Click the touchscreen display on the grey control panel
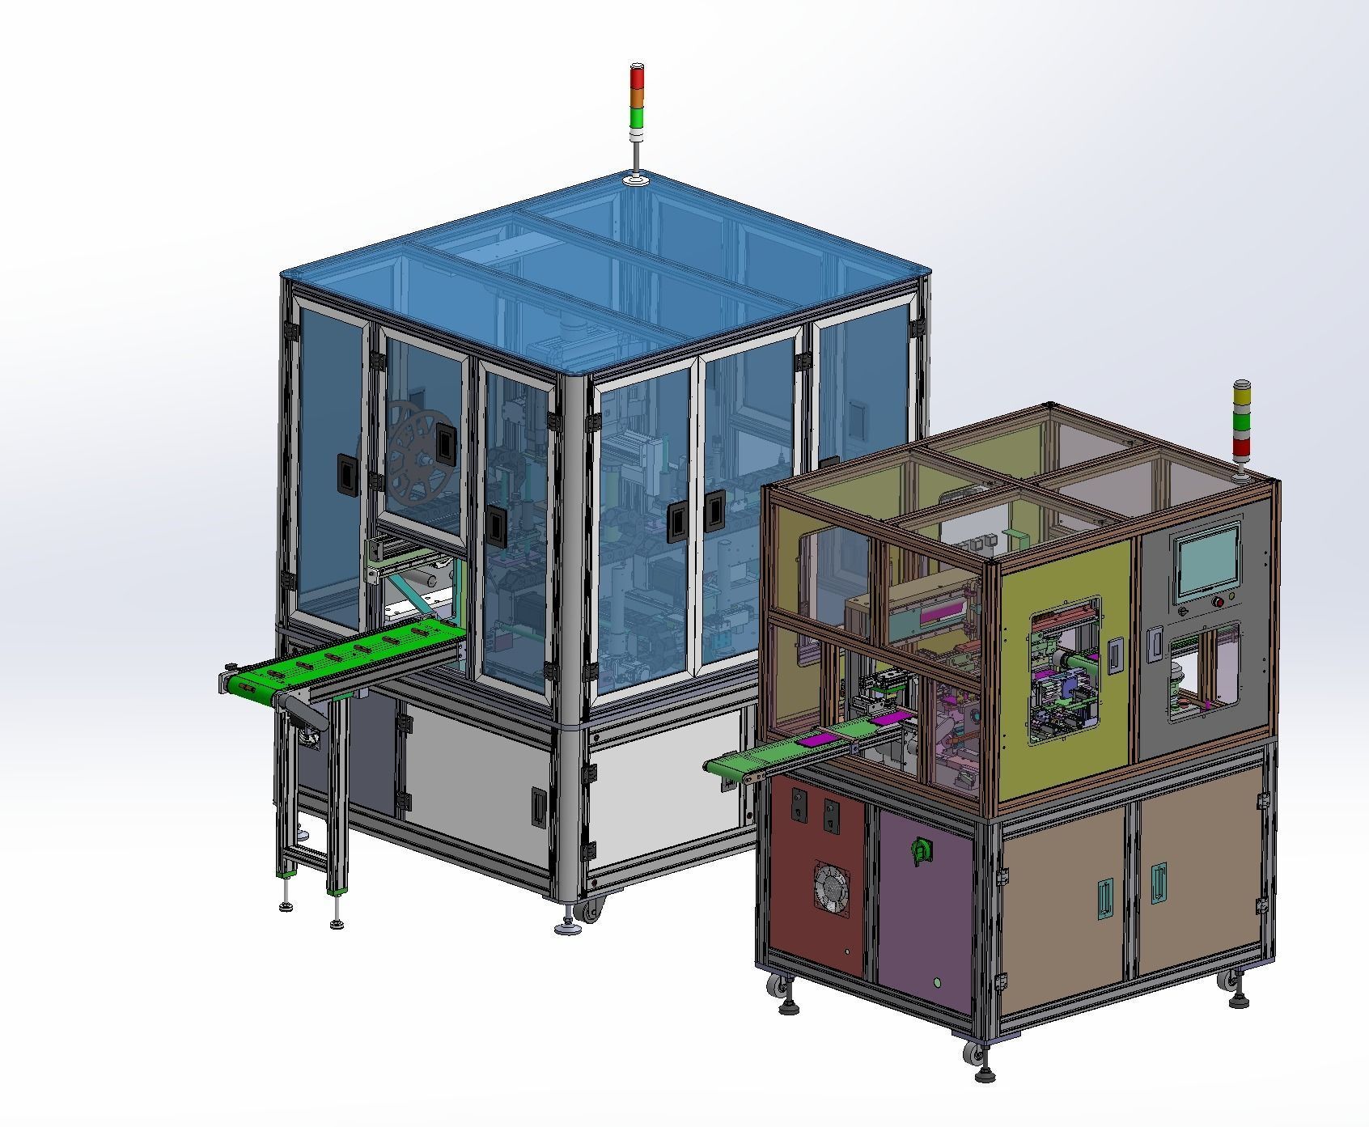pyautogui.click(x=1207, y=558)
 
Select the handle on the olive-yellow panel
pyautogui.click(x=1115, y=653)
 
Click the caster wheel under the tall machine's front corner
pyautogui.click(x=590, y=909)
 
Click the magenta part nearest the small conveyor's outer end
pyautogui.click(x=813, y=740)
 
